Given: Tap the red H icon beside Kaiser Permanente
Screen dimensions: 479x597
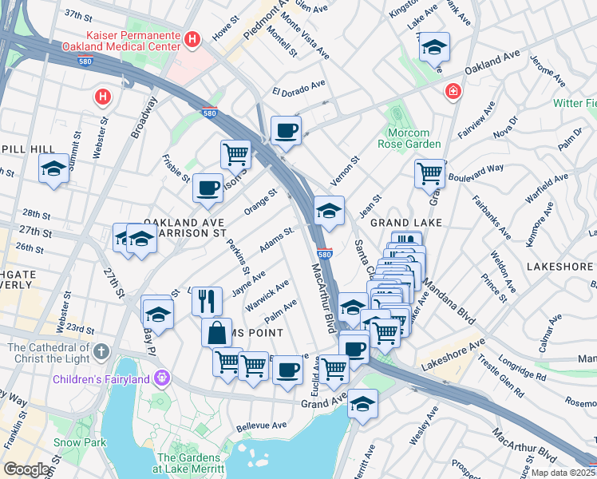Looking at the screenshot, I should (x=192, y=39).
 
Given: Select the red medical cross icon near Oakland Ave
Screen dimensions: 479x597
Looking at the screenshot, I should (x=453, y=93).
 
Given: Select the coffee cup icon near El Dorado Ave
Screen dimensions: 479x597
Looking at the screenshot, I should (x=286, y=130).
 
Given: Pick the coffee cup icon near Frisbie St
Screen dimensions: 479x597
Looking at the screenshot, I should (x=208, y=188).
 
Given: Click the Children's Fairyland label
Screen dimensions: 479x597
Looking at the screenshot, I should (x=101, y=378).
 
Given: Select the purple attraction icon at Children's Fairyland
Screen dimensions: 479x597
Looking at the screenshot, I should (x=164, y=377).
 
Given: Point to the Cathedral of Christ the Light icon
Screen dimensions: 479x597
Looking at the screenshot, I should (x=101, y=351).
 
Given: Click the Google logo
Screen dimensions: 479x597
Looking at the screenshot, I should (x=27, y=469).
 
